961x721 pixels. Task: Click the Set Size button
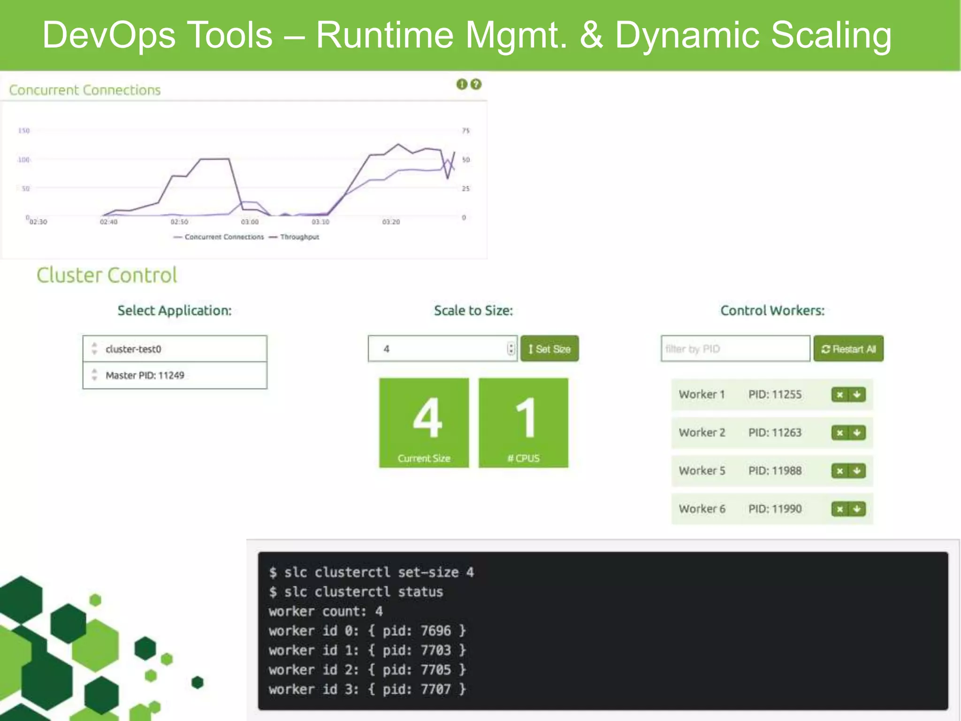click(x=549, y=349)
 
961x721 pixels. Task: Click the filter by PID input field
click(x=735, y=349)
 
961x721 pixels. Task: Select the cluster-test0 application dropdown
click(x=175, y=349)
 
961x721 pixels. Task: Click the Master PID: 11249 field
click(x=175, y=375)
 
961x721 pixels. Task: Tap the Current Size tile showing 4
click(x=424, y=422)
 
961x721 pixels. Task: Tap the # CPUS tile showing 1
click(x=523, y=422)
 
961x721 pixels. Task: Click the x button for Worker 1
click(x=840, y=395)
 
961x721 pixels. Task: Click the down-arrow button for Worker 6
click(x=857, y=509)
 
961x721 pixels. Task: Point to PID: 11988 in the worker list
click(x=775, y=471)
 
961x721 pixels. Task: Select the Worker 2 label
click(x=702, y=433)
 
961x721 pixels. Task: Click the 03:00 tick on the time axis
click(x=250, y=222)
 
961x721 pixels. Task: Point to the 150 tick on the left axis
click(x=24, y=130)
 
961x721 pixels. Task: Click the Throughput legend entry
click(x=299, y=237)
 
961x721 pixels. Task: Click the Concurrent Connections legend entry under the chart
click(x=224, y=237)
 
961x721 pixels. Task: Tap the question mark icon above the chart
click(x=476, y=84)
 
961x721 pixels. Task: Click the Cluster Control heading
click(x=107, y=275)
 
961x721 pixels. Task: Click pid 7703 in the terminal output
click(x=435, y=650)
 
